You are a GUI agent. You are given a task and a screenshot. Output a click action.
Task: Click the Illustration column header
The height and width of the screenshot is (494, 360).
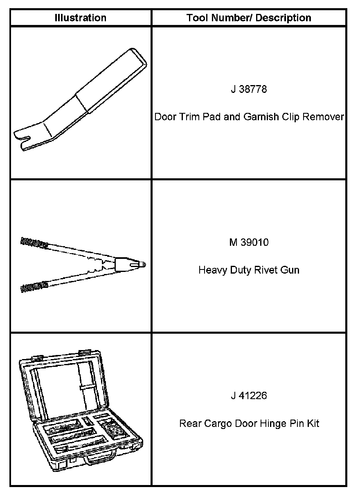(x=81, y=18)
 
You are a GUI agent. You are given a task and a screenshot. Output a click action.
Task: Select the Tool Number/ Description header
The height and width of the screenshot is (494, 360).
(x=249, y=18)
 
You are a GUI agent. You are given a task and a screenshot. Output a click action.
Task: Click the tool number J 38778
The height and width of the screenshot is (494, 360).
(x=249, y=89)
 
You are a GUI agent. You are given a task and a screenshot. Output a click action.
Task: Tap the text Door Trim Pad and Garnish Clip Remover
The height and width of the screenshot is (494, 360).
(x=249, y=117)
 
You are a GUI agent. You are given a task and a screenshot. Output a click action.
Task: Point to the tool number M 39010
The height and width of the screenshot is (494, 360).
(x=249, y=243)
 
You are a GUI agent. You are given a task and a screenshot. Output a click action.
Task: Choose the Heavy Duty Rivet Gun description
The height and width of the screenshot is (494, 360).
(x=249, y=270)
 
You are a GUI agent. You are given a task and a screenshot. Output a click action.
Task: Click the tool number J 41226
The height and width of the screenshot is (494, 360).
(x=249, y=396)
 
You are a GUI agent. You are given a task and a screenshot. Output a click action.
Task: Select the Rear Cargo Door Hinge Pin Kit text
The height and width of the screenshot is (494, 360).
(x=249, y=424)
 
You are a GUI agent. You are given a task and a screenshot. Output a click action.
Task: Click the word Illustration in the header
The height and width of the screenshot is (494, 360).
(x=81, y=18)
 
